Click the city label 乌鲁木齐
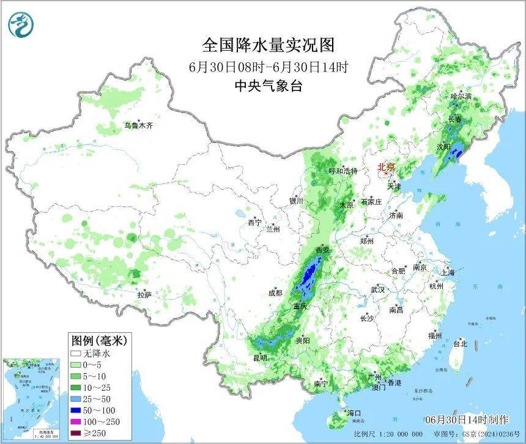click(138, 126)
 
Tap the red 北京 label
click(387, 167)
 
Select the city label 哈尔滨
click(461, 96)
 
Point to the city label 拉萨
click(144, 294)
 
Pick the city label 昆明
click(260, 358)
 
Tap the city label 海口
click(355, 413)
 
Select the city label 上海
click(447, 272)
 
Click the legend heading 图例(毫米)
click(95, 340)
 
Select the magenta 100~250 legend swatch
click(76, 422)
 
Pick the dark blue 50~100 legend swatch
click(76, 410)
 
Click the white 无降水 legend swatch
click(76, 353)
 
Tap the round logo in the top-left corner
click(22, 24)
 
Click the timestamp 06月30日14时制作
click(467, 420)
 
